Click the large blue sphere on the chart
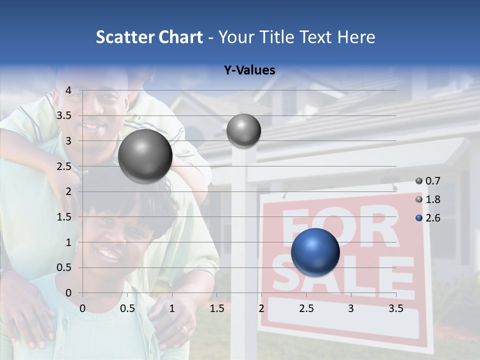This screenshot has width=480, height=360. point(315,252)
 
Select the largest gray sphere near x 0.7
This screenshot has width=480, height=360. point(145,156)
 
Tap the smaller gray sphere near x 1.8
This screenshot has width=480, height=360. point(243,130)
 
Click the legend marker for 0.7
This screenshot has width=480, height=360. point(419,181)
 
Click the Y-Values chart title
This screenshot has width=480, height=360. point(249,70)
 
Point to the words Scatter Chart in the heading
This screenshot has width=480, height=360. point(149,37)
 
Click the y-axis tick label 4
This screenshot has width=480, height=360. point(68,90)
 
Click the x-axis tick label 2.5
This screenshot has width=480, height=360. point(306,308)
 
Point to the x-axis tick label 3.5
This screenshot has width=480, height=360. point(395,308)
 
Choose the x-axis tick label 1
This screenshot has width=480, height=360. point(172,308)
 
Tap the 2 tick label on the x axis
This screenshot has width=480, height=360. point(261,308)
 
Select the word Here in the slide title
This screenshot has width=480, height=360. point(356,37)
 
